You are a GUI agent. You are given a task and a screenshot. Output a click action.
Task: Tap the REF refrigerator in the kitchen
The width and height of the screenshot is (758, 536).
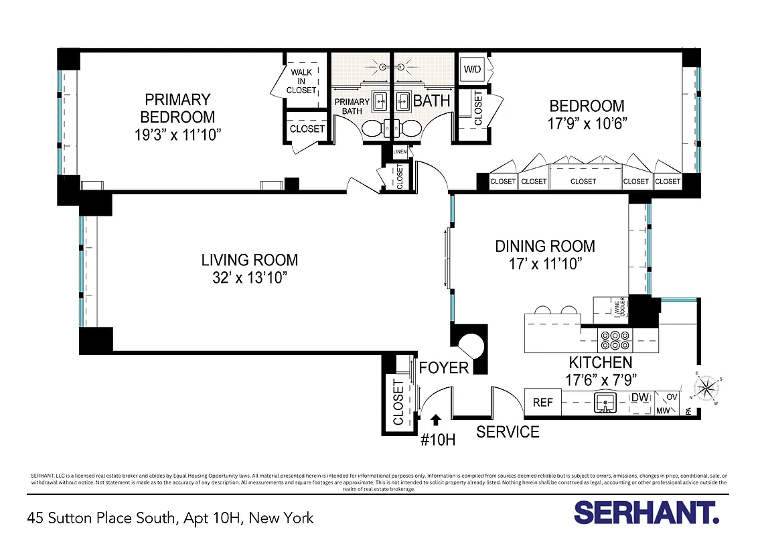(x=542, y=402)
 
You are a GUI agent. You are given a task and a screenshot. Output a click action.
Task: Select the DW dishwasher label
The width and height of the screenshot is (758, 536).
(x=640, y=397)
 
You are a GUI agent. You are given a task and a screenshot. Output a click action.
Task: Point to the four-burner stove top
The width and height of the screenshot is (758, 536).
(x=614, y=340)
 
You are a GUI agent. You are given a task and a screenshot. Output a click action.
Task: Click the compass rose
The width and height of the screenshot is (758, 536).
(x=706, y=389)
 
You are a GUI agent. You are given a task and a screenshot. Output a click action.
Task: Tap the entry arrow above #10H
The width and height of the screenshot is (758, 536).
(x=436, y=419)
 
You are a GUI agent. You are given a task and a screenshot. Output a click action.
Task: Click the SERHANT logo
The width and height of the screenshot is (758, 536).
(x=646, y=513)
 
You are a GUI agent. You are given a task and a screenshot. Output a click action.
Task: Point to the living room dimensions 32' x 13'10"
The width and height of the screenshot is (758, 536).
(x=250, y=277)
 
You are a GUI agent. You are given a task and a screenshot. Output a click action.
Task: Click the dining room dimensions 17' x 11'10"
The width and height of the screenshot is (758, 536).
(x=545, y=263)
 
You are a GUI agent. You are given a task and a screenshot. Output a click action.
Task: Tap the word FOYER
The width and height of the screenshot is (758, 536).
(x=443, y=368)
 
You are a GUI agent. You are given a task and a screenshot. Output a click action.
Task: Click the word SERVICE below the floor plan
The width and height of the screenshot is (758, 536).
(x=508, y=432)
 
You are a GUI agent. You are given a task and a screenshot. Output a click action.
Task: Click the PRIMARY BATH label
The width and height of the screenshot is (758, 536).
(x=352, y=106)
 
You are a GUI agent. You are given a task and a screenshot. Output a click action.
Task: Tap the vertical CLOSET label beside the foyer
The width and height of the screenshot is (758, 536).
(x=398, y=402)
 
